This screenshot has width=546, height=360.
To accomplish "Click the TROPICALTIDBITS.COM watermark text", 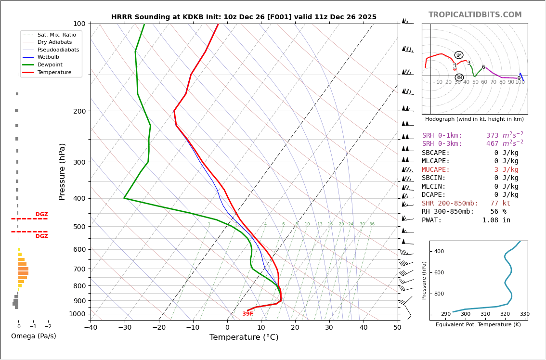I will (475, 15).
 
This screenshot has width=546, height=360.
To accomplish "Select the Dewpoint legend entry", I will (51, 65).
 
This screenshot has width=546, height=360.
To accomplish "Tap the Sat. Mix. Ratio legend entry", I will (56, 35).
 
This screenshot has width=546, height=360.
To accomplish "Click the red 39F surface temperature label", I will (247, 314).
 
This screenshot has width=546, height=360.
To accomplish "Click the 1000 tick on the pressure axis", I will (77, 314).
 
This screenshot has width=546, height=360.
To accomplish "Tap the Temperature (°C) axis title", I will (244, 337).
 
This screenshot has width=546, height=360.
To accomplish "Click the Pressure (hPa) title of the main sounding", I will (63, 171).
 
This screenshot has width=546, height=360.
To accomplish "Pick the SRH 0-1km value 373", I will (492, 136).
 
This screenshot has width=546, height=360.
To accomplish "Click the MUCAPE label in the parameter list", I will (436, 170).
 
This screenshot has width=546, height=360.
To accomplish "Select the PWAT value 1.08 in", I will (496, 220).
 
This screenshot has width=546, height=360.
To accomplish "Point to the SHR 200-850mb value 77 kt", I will (500, 204).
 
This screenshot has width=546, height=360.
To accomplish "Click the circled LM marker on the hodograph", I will (459, 55).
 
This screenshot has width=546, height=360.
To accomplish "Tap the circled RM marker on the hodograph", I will (459, 77).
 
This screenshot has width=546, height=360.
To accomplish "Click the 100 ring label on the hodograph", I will (520, 82).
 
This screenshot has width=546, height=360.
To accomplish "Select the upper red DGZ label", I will (41, 215).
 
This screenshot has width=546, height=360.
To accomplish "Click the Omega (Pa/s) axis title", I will (34, 336).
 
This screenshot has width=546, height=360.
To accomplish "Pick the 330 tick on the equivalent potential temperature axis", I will (524, 314).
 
